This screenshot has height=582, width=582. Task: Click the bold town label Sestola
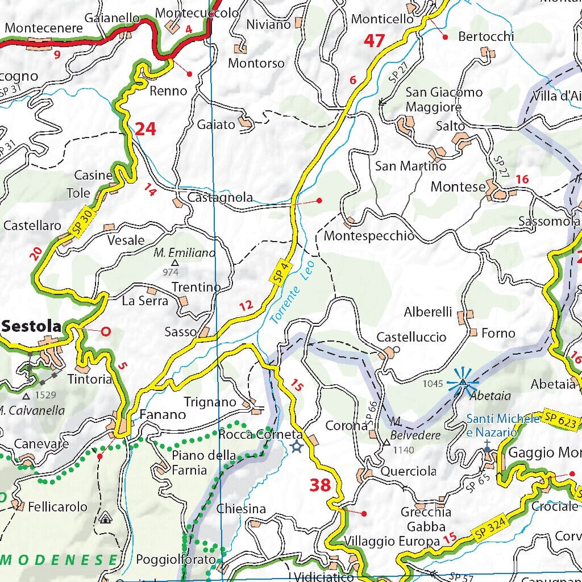point(31,326)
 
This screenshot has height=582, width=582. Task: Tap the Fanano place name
point(163,414)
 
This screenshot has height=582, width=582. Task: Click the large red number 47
point(375,41)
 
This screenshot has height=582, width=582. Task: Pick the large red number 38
point(320,485)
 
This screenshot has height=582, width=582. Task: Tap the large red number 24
point(145,129)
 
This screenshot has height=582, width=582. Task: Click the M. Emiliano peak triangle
point(175,263)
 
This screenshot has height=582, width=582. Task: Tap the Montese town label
point(458,186)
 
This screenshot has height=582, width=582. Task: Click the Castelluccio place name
point(411,337)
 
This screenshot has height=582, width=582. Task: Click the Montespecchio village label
point(369,236)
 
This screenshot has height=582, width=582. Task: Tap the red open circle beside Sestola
point(105,330)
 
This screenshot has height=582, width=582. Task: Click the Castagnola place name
point(220,198)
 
